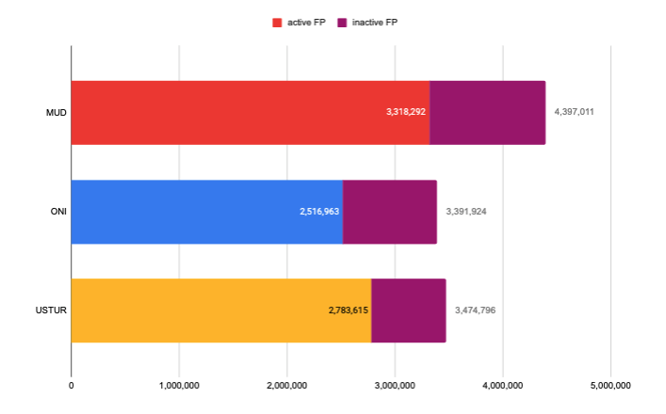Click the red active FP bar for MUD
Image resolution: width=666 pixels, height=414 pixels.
click(226, 113)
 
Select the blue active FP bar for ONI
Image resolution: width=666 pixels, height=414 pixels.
click(188, 212)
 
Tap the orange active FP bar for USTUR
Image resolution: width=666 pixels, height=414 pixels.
click(198, 310)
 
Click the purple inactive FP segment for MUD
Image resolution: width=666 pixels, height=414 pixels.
click(487, 113)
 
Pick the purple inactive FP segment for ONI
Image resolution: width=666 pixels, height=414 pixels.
click(389, 212)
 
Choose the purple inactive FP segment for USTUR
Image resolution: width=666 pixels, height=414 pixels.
click(408, 310)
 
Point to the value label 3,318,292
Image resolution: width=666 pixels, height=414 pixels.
click(406, 112)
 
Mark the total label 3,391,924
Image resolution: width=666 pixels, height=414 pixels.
click(465, 211)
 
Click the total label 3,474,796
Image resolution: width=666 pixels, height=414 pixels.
click(475, 310)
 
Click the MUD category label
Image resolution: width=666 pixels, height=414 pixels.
click(56, 113)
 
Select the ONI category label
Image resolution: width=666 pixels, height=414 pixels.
click(57, 212)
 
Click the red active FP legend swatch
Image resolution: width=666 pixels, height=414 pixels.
click(277, 21)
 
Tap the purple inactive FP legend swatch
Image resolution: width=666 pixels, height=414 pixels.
click(342, 21)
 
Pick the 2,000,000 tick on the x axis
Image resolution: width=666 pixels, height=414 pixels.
click(287, 385)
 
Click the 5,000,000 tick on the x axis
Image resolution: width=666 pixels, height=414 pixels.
click(610, 385)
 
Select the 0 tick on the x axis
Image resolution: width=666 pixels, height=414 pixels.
click(72, 385)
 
